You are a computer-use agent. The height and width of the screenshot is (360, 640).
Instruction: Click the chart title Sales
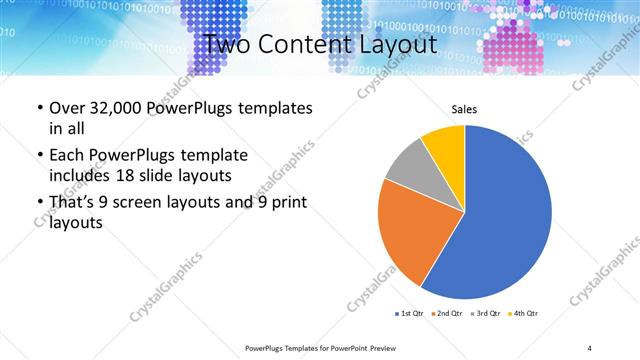tap(465, 109)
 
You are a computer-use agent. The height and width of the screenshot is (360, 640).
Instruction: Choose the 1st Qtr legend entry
tap(409, 314)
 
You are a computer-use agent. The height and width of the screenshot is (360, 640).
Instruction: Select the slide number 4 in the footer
tap(590, 347)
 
